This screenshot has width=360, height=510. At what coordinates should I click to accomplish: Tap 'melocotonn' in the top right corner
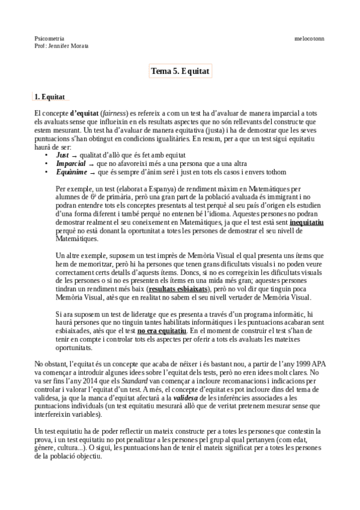pos(310,38)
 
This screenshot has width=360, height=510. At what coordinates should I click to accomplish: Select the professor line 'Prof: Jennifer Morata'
pos(62,45)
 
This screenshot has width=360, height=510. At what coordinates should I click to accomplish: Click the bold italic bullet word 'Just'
pos(63,155)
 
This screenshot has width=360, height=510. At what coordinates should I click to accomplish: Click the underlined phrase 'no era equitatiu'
pos(162,331)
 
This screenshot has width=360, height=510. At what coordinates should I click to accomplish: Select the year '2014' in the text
pos(84,381)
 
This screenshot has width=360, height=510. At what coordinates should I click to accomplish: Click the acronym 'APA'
pos(306,364)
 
